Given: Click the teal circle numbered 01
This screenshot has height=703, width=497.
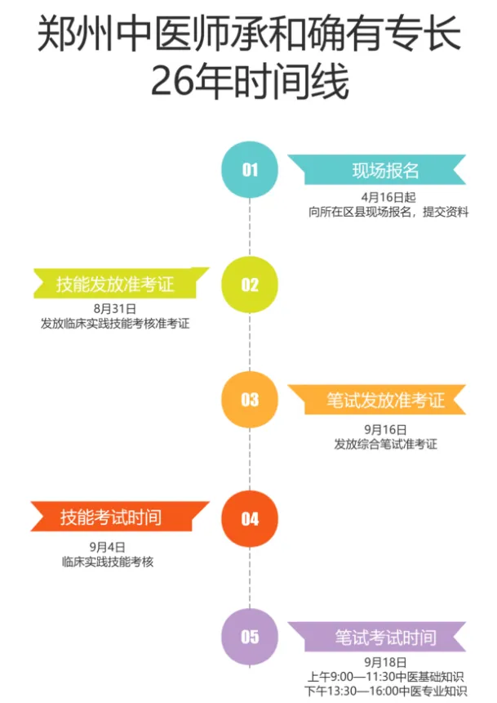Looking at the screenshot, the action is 250,170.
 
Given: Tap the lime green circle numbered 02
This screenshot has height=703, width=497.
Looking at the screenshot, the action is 250,284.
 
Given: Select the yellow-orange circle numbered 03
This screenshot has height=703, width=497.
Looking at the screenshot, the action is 250,399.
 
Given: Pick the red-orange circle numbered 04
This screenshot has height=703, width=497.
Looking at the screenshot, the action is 250,518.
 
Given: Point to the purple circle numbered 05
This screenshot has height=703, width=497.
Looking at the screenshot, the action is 250,637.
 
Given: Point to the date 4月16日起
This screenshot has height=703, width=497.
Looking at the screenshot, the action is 388,197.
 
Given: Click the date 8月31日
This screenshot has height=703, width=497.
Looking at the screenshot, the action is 114,309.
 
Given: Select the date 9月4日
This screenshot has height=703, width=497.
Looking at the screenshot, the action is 107,546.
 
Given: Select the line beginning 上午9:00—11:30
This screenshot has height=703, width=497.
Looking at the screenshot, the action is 386,677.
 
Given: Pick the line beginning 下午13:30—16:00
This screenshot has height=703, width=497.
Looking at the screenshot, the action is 386,692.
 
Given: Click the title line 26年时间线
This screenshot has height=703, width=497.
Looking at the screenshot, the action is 249,82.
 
